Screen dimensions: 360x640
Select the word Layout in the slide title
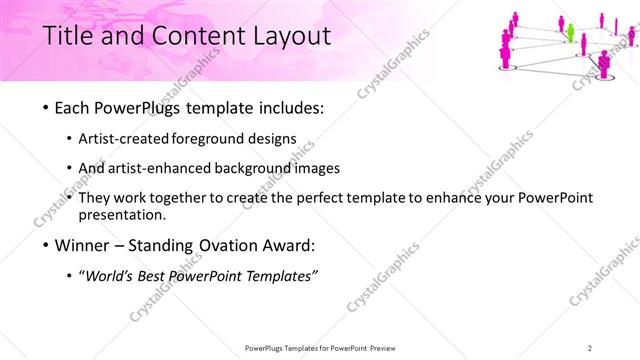point(290,37)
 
